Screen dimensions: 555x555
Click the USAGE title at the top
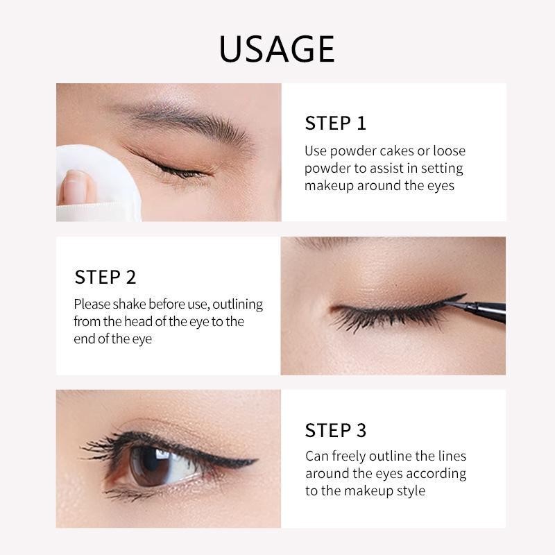pos(277,49)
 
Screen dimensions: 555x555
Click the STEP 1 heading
pos(335,123)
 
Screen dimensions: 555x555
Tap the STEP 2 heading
pos(105,277)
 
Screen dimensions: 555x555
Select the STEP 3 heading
pos(335,430)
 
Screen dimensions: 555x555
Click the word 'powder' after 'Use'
pos(353,151)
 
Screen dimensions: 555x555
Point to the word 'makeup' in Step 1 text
pos(330,186)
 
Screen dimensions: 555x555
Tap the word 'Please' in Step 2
pos(92,305)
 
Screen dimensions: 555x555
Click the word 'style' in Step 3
pos(409,491)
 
